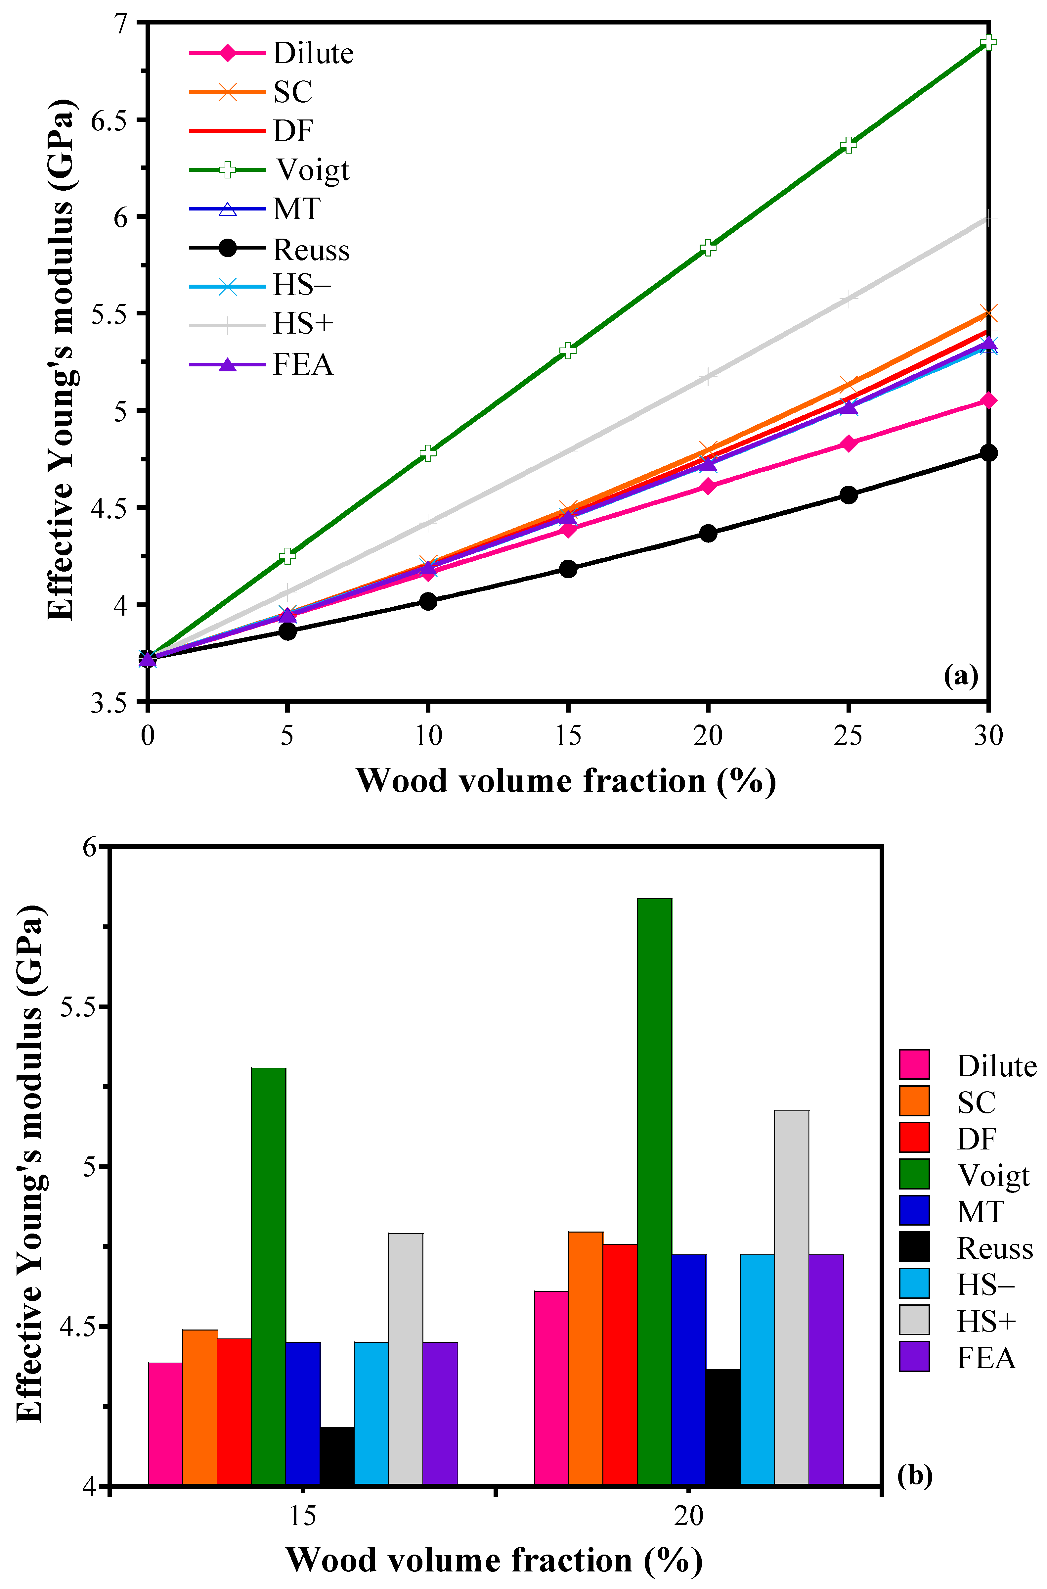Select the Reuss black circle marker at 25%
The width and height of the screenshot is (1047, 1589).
pos(848,495)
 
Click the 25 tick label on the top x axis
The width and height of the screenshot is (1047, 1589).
pos(848,736)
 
